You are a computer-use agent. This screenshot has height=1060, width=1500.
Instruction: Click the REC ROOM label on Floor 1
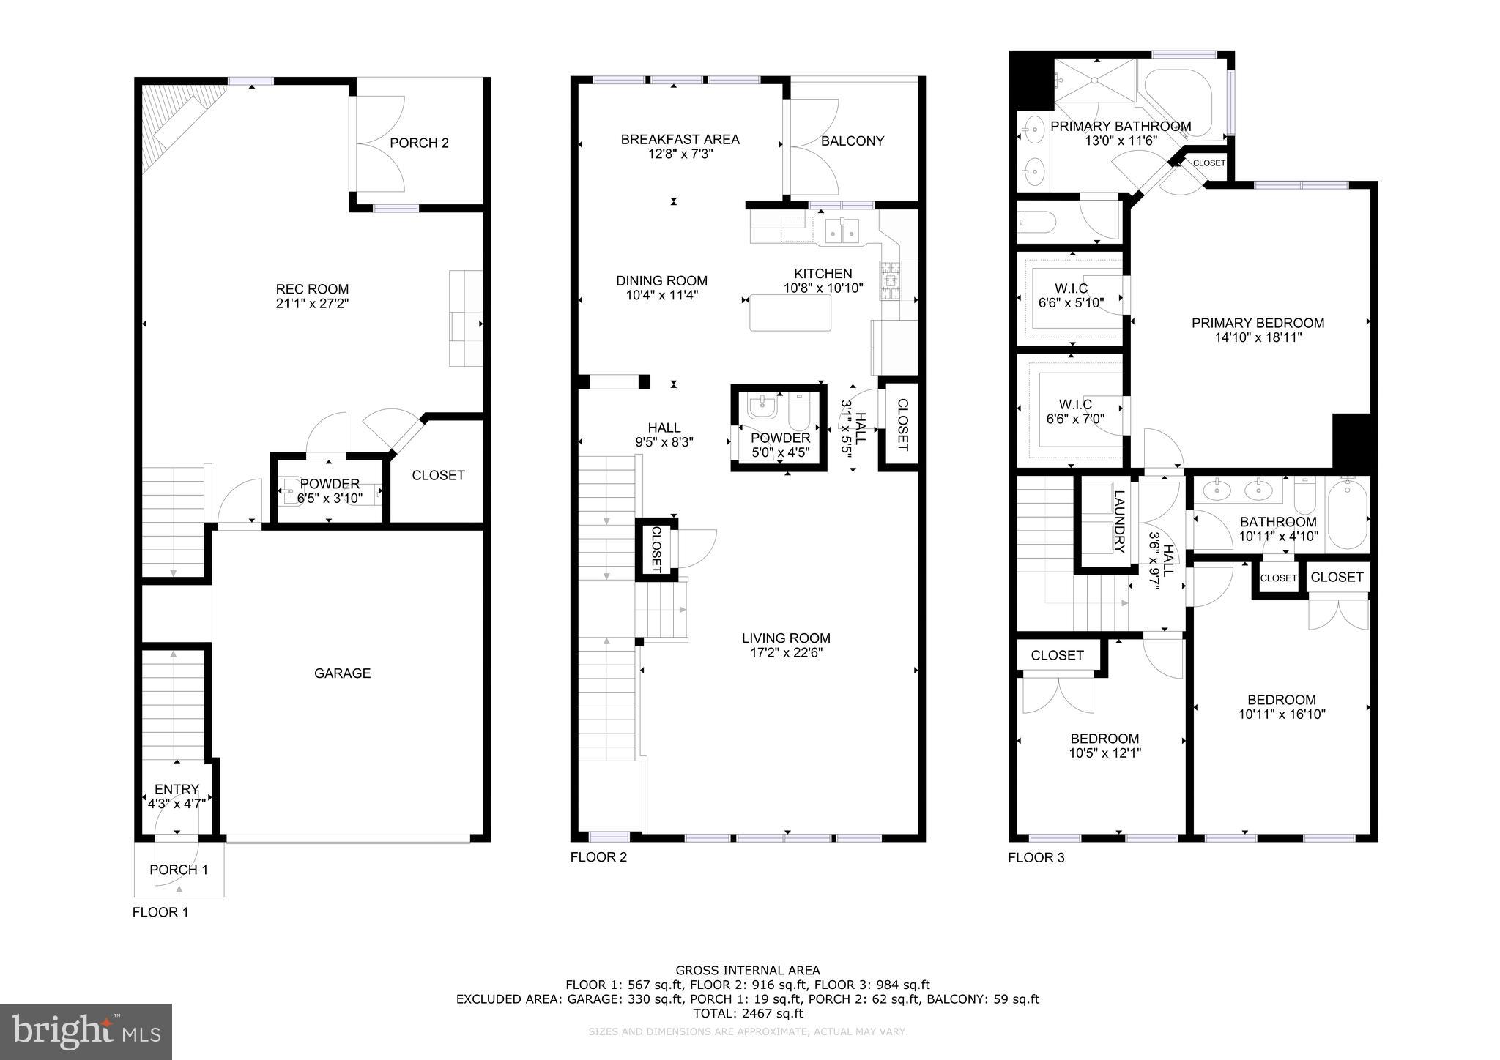312,289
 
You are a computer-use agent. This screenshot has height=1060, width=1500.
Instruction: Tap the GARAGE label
342,673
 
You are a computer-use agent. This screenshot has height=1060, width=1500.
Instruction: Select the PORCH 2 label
419,143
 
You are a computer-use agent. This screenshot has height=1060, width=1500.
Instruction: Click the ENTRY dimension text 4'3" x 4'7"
177,803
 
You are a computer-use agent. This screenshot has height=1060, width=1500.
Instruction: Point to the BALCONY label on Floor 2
853,141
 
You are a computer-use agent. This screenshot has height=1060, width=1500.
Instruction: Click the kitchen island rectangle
790,313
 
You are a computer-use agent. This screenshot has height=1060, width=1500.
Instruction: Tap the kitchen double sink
842,231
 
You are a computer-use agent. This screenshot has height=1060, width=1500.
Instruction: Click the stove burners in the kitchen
890,281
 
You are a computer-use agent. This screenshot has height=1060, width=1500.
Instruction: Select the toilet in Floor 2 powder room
798,413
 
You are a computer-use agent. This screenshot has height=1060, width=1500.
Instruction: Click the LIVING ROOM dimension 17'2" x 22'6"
786,653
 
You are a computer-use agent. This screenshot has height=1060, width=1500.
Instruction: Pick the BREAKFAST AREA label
680,139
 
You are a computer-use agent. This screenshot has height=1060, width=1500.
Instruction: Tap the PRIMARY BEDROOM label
1258,323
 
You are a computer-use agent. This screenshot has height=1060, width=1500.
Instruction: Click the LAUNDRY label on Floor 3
1118,520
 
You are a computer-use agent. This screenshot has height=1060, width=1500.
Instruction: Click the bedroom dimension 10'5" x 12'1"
1104,753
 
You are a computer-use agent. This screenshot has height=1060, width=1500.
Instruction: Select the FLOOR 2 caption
598,857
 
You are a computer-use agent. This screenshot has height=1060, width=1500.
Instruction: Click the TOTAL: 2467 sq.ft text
748,1013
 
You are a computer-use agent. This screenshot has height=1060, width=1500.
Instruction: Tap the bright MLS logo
86,1031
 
